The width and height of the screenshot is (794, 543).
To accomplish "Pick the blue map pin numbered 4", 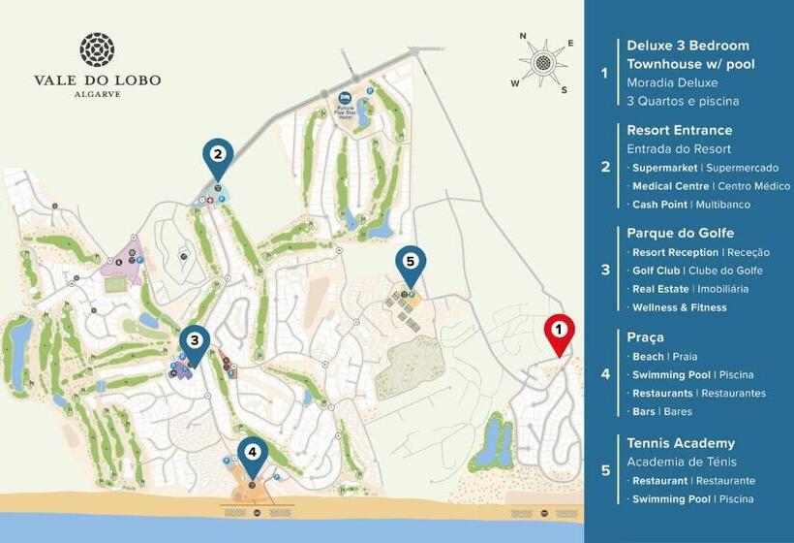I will (x=253, y=453).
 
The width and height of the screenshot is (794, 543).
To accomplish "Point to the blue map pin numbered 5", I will (x=411, y=263).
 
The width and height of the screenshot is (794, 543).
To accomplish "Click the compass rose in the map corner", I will (x=542, y=63).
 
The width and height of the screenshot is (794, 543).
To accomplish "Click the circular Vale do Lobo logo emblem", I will (x=97, y=49).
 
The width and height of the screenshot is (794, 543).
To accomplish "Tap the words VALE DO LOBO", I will (x=97, y=80).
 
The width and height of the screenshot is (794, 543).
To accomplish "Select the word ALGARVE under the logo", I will (x=97, y=94).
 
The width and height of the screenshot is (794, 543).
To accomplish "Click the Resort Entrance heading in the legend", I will (x=679, y=130).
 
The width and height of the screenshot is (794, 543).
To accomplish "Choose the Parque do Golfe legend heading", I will (x=680, y=233).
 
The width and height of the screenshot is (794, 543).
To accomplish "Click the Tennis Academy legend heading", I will (x=680, y=443).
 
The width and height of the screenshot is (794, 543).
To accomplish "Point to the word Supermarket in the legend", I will (x=667, y=168).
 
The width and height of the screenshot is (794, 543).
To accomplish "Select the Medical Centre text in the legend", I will (x=670, y=186).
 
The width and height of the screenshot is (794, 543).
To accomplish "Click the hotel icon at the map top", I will (x=346, y=98).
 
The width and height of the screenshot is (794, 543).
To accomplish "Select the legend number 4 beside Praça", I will (x=605, y=373).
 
